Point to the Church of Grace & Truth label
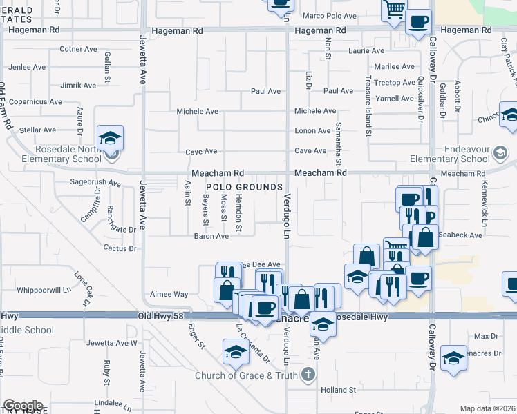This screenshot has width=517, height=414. pos(247,375)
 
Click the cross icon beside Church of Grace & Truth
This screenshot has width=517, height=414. pos(308,375)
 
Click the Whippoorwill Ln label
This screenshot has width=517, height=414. pos(46,290)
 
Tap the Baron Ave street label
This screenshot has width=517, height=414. pos(211,236)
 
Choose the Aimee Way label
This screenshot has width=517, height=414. pos(169,294)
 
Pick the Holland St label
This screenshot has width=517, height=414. pos(338,390)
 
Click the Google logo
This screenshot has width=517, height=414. pos(23,406)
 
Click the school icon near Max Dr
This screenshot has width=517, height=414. pos(453,358)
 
